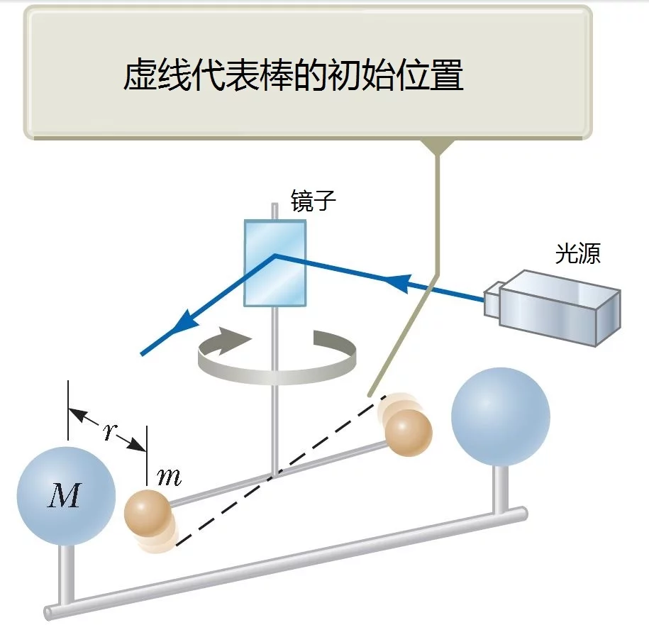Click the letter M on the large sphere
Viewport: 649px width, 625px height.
coord(64,495)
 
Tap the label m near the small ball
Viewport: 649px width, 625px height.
coord(170,477)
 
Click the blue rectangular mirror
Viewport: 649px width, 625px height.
coord(274,263)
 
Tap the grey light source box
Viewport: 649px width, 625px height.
coord(553,308)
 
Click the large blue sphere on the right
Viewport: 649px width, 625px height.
coord(501,417)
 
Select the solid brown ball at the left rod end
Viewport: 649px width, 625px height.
coord(148,513)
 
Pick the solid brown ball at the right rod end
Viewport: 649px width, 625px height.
coord(409,433)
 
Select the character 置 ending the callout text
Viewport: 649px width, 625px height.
coord(446,75)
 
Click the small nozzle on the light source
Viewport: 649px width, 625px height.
coord(492,299)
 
